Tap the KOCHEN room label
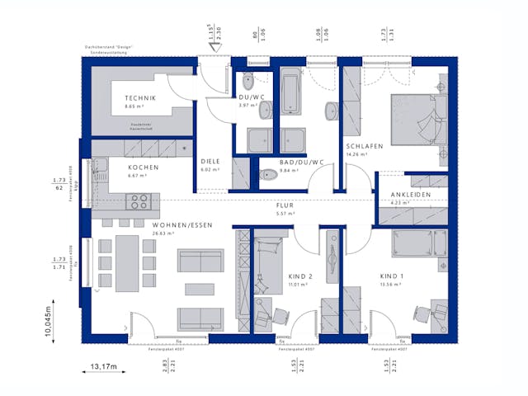tap(143, 167)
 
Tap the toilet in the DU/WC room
tap(248, 82)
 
